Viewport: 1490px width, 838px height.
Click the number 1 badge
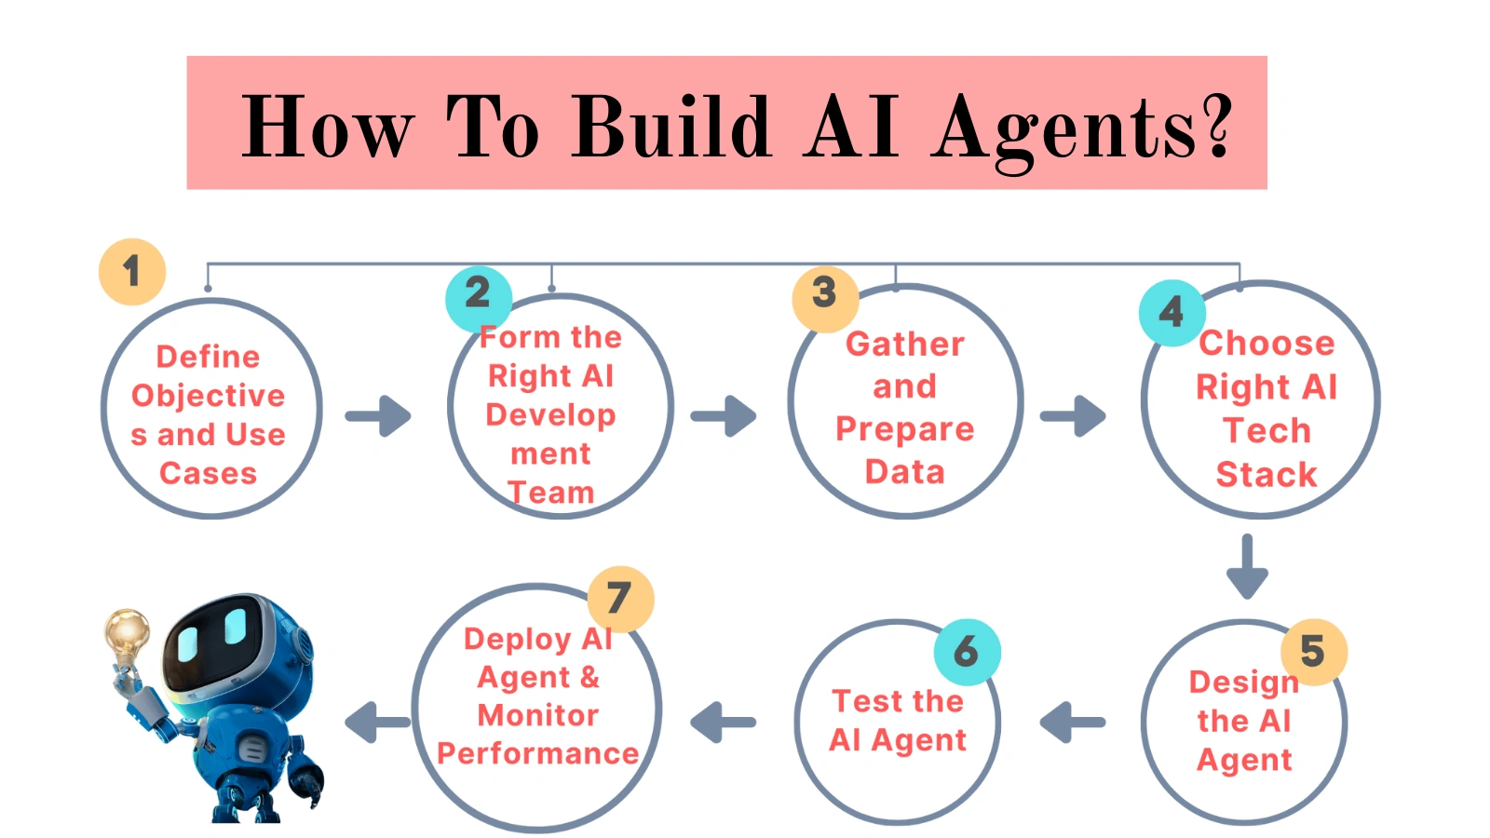point(132,272)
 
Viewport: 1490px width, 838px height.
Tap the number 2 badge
point(479,294)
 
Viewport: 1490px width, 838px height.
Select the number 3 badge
point(825,293)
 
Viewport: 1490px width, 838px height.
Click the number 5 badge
point(1313,652)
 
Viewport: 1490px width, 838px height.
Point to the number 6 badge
point(967,652)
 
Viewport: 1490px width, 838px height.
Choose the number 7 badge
point(620,599)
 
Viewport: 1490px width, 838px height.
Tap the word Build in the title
point(672,128)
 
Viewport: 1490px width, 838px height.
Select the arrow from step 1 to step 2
point(378,415)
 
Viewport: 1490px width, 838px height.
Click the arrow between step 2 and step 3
point(724,415)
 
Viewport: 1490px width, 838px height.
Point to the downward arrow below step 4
point(1247,566)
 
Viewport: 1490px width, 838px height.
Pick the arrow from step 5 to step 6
point(1073,723)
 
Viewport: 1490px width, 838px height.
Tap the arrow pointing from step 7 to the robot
point(377,723)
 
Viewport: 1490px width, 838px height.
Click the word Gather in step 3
point(905,345)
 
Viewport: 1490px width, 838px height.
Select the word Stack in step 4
point(1266,475)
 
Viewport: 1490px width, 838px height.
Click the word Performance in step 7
point(538,753)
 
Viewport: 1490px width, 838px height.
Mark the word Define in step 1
point(208,357)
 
